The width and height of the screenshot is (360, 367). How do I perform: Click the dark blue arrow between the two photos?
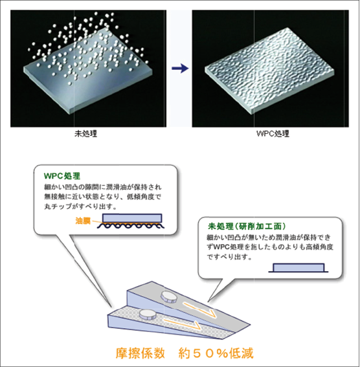(x=180, y=69)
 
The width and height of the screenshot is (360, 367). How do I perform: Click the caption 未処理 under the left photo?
(x=85, y=133)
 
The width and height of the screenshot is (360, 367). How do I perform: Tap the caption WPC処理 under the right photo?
(x=273, y=133)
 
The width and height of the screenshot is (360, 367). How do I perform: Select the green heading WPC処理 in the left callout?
(x=62, y=176)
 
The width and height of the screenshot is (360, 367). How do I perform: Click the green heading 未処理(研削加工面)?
(x=247, y=227)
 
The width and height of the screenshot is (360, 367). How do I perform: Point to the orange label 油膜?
(x=83, y=221)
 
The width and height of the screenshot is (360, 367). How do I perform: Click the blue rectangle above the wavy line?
(x=132, y=218)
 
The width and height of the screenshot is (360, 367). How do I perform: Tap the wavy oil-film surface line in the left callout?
(x=131, y=226)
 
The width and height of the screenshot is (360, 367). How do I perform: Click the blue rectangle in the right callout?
(x=298, y=267)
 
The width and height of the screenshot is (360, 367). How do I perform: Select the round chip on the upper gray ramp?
(x=168, y=297)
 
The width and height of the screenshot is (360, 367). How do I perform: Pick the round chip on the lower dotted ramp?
(x=148, y=315)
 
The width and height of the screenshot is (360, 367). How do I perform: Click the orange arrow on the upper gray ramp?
(x=200, y=309)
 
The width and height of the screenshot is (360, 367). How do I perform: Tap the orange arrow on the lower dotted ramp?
(x=182, y=324)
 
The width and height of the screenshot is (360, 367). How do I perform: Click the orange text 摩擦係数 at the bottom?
(x=141, y=353)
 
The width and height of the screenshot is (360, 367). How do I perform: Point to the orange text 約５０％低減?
(x=216, y=353)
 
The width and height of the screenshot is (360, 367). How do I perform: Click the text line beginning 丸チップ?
(x=80, y=206)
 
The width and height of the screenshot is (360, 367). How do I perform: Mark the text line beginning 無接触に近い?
(x=102, y=197)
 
